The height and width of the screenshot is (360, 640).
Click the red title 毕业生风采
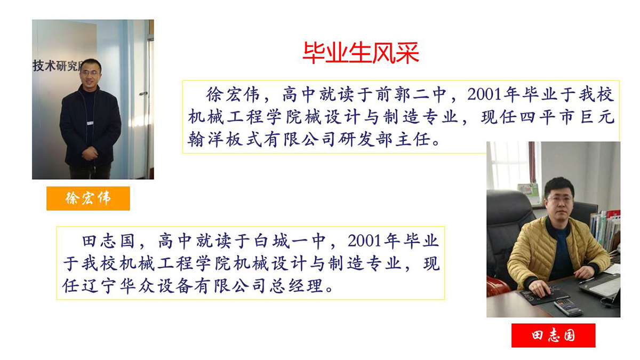pyautogui.click(x=361, y=53)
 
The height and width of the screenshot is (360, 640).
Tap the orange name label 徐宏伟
pyautogui.click(x=88, y=198)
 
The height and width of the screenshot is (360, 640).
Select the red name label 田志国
pyautogui.click(x=553, y=335)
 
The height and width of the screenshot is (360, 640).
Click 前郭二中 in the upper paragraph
pyautogui.click(x=411, y=94)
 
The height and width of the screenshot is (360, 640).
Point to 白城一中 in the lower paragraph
pyautogui.click(x=290, y=241)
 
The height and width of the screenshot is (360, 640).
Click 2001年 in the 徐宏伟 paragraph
pyautogui.click(x=493, y=94)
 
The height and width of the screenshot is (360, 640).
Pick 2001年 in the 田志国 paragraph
pyautogui.click(x=373, y=241)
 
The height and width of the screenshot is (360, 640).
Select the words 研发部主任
pyautogui.click(x=385, y=140)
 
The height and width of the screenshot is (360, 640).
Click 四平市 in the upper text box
pyautogui.click(x=547, y=117)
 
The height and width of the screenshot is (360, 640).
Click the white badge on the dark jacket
pyautogui.click(x=90, y=123)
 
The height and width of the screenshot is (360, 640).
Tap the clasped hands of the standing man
pyautogui.click(x=90, y=154)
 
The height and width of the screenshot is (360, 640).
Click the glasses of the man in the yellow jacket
pyautogui.click(x=559, y=199)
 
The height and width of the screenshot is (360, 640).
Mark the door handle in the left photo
pyautogui.click(x=143, y=93)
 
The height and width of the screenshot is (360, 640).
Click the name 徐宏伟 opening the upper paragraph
pyautogui.click(x=233, y=94)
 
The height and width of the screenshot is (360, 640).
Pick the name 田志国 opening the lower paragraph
pyautogui.click(x=109, y=241)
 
